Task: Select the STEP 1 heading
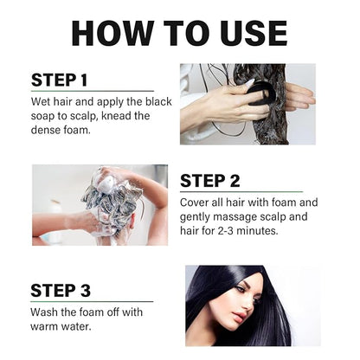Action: click(x=60, y=80)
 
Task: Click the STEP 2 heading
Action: click(x=209, y=181)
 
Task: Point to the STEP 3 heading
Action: click(x=60, y=291)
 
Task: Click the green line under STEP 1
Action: click(x=92, y=91)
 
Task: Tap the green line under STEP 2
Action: click(x=241, y=192)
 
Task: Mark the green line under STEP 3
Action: click(x=92, y=302)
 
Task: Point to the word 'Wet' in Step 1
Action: click(x=42, y=102)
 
